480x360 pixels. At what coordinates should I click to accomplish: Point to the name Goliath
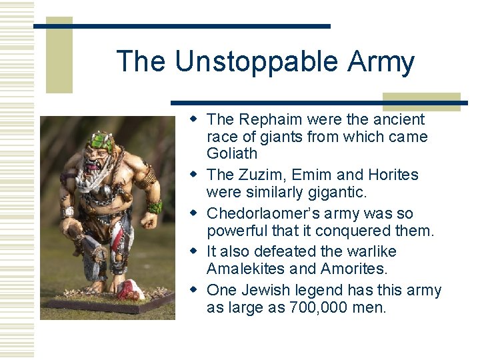[232, 154]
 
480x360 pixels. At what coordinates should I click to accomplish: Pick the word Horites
[393, 175]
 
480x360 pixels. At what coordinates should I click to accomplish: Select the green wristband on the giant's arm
[155, 206]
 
